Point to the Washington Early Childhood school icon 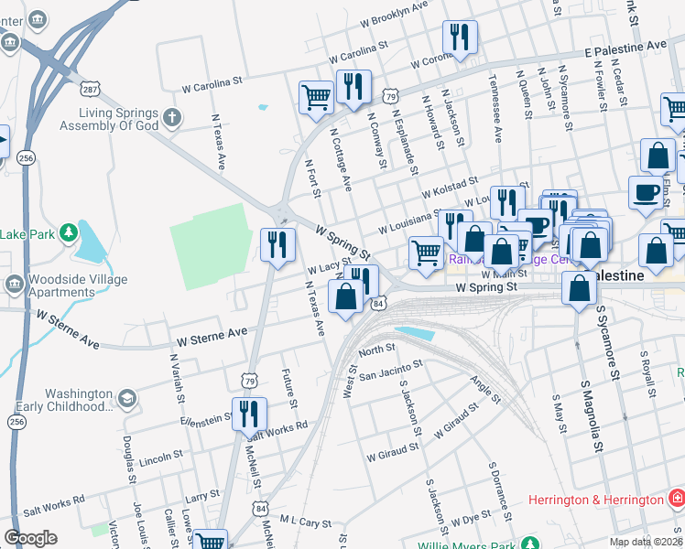[126, 399]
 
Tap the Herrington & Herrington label [596, 500]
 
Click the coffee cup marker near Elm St [647, 193]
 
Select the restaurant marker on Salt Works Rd [249, 414]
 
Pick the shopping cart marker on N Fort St [316, 97]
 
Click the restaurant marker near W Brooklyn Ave [456, 38]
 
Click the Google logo [30, 537]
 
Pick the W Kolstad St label [450, 189]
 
